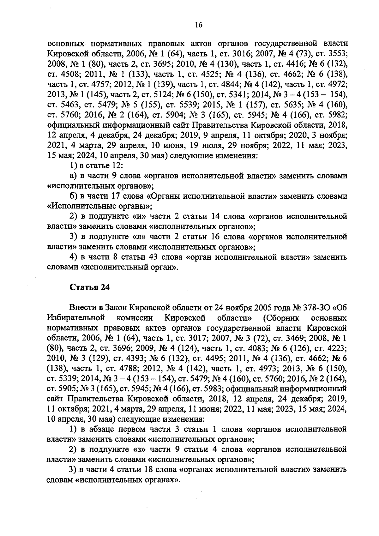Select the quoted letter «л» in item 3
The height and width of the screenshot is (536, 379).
(x=137, y=237)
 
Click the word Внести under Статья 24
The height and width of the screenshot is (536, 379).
(x=80, y=308)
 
